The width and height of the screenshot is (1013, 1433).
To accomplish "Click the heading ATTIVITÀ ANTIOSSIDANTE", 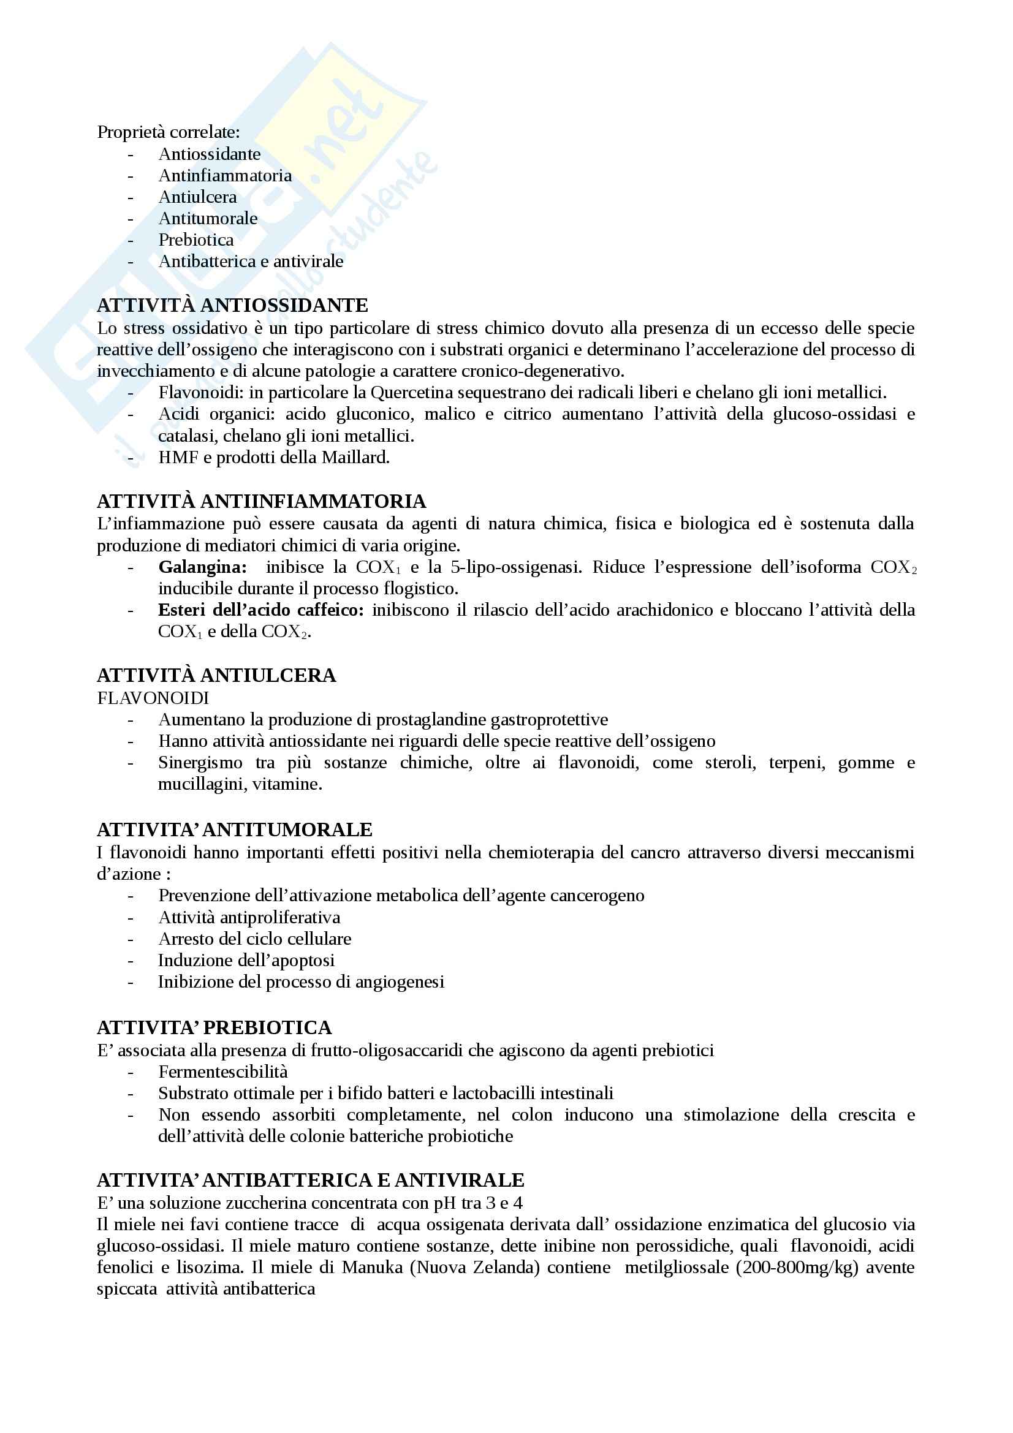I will (232, 305).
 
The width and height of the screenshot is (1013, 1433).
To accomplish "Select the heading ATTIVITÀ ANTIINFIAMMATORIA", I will (262, 501).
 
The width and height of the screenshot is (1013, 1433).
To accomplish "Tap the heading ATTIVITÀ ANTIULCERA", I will (216, 675).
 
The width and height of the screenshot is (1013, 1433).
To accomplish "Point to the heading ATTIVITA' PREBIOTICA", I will (214, 1027).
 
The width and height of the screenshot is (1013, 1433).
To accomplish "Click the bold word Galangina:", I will (202, 567).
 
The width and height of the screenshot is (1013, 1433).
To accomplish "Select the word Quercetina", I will (413, 393).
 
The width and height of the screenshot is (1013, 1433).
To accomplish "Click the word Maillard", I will (355, 458).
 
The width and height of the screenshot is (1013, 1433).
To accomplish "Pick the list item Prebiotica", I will (196, 240).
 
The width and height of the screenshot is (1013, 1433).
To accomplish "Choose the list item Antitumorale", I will (208, 219).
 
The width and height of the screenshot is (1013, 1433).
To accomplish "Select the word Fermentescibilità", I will (223, 1072).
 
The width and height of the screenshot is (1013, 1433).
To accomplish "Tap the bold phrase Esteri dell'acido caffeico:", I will (261, 610).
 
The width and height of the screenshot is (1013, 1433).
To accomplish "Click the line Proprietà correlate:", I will (168, 132).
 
